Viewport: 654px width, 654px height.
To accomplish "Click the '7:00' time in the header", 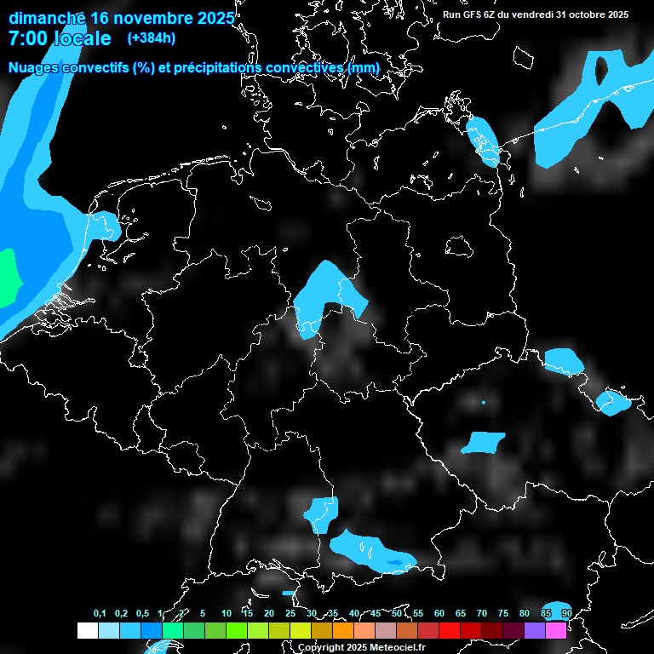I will pos(27,38).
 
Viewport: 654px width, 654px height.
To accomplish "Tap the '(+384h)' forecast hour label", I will pos(151,37).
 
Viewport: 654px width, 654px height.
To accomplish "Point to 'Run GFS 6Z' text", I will pos(474,14).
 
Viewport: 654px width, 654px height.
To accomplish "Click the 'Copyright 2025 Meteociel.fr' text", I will pos(361,647).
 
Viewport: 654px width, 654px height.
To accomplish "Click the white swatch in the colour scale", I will pos(87,630).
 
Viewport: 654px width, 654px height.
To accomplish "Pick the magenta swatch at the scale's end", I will pos(555,630).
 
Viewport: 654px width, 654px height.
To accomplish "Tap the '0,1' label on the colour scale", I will pos(100,613).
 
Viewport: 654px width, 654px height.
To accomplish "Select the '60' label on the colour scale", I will pos(439,613).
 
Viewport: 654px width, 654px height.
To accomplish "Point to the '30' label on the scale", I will pos(312,613).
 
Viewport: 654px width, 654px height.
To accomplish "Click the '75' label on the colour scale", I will pos(503,613).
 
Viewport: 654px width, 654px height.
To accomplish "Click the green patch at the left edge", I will pos(6,277).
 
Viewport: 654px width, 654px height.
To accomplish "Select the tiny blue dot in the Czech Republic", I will pos(483,402).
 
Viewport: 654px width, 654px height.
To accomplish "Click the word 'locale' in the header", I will pos(82,38).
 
